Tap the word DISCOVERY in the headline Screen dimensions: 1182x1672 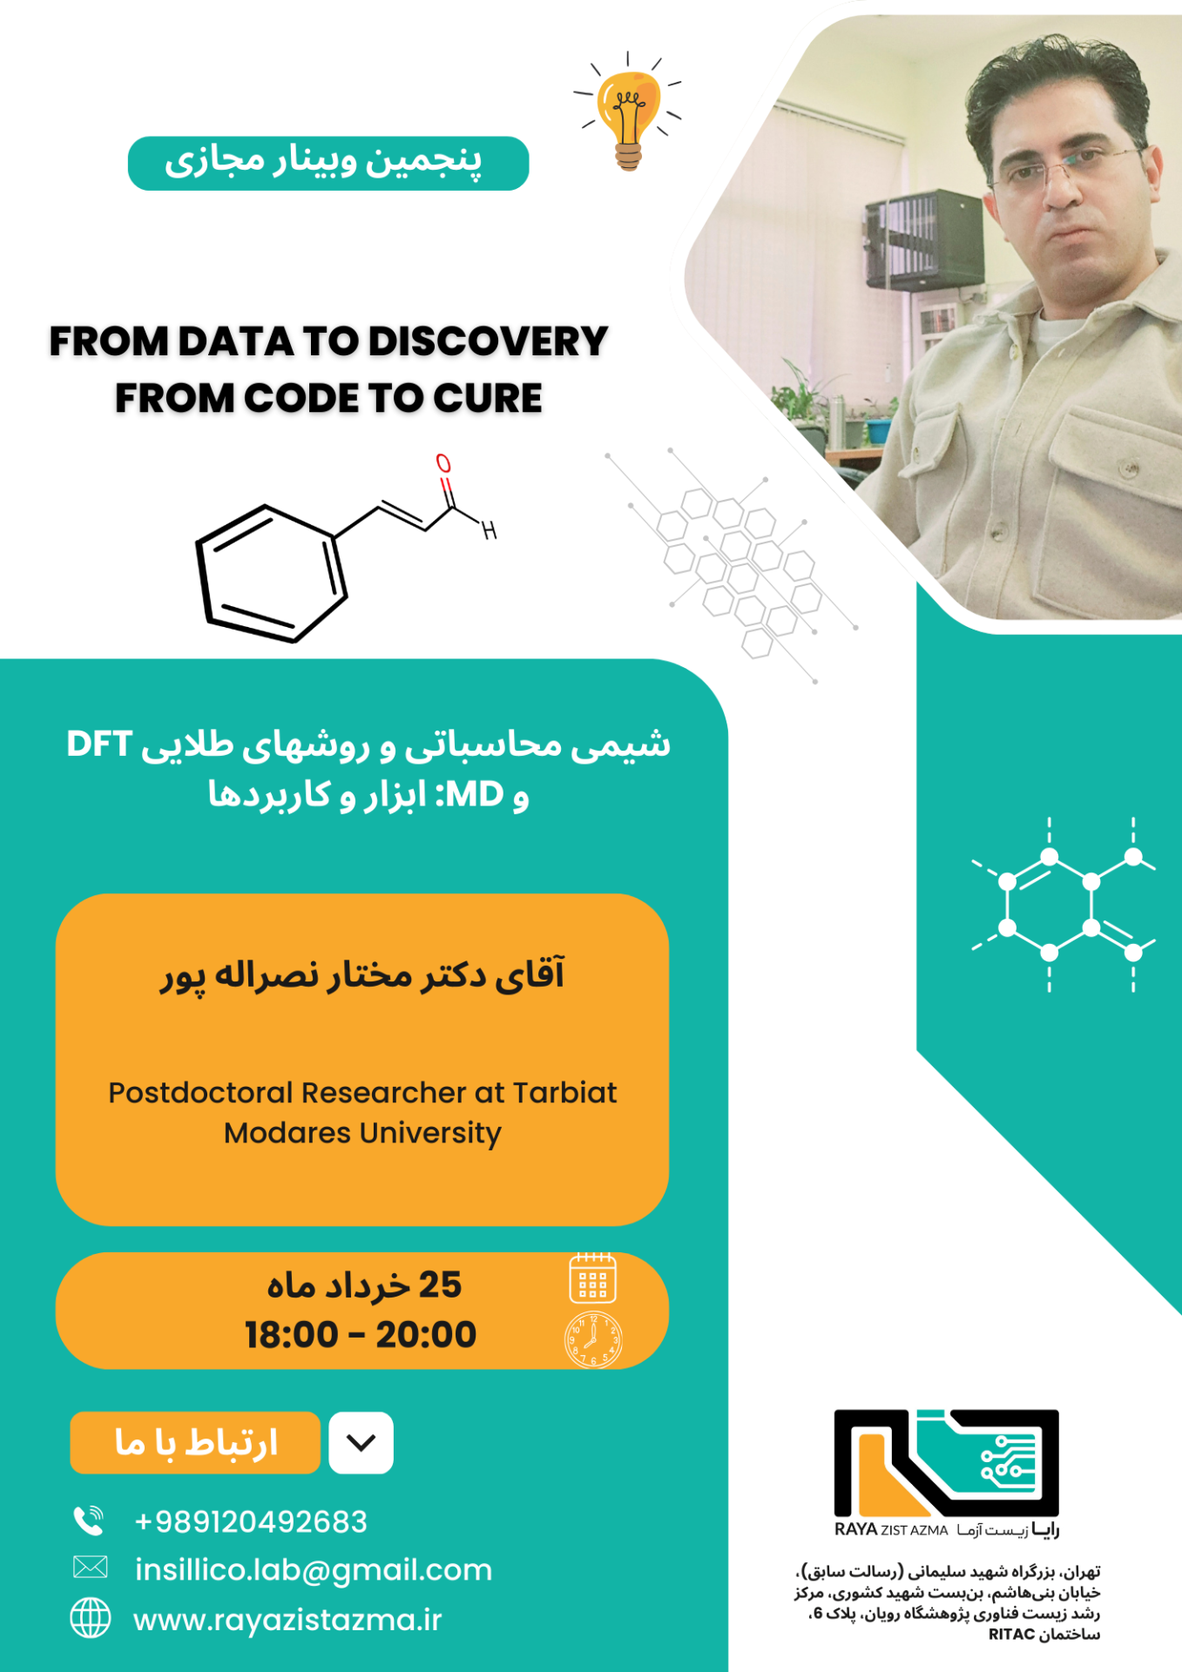[488, 341]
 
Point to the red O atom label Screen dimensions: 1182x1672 [443, 463]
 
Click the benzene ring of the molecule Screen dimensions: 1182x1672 [271, 574]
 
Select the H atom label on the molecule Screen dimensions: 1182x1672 [490, 529]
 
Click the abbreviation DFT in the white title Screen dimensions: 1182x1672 [99, 745]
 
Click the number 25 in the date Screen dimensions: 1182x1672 [440, 1285]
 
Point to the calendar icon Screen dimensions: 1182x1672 [592, 1278]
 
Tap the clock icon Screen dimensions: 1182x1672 [593, 1339]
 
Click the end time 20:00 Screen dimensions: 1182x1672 [426, 1335]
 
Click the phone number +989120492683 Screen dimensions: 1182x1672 [251, 1521]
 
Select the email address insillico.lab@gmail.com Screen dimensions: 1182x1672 [314, 1570]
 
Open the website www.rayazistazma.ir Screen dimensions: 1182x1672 [287, 1620]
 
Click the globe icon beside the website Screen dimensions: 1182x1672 [91, 1618]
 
